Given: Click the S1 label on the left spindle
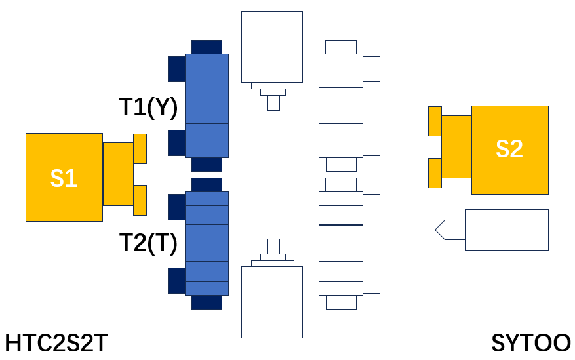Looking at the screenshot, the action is (x=64, y=178).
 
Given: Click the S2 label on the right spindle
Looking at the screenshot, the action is (x=509, y=149).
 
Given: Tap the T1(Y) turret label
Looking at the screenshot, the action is (x=149, y=107).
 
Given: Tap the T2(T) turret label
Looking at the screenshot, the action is (x=149, y=243).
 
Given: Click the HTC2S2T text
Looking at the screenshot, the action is (x=56, y=344).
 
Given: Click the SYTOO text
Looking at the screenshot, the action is (x=531, y=344).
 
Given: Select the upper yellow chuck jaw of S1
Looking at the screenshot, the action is (x=140, y=149).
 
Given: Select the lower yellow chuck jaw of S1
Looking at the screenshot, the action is (x=140, y=200).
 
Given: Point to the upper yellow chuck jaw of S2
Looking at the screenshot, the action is (x=435, y=121).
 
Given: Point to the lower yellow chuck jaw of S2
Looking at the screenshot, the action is (x=435, y=173).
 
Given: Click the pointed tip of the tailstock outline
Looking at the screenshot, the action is (x=435, y=230).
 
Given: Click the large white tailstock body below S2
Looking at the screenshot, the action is (x=507, y=230).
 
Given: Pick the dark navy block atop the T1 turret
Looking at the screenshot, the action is (x=207, y=47).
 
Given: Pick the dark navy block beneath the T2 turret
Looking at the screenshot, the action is (x=207, y=302).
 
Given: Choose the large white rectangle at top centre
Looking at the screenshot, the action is (x=272, y=47).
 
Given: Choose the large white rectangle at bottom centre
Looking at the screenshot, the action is (x=272, y=302).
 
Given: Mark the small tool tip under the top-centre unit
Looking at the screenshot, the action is (x=273, y=103).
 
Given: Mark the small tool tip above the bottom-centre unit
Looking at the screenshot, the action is (x=273, y=247).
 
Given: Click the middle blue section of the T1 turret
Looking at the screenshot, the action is (x=207, y=105).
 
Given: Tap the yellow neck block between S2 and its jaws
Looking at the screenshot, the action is (x=456, y=147).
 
